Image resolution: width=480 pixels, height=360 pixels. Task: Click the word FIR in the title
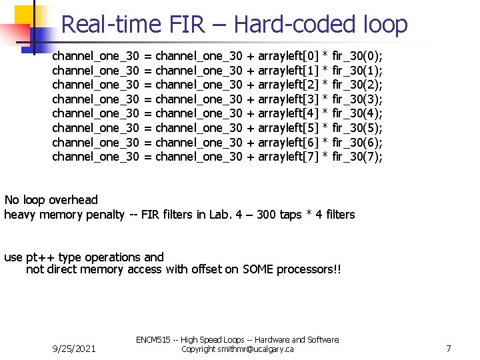(188, 25)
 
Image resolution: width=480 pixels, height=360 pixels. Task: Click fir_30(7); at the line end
(357, 157)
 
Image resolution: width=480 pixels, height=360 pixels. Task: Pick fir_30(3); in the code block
(357, 98)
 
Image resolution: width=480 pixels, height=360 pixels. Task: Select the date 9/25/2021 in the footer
(73, 349)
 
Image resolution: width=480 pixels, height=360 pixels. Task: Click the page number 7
(449, 349)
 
